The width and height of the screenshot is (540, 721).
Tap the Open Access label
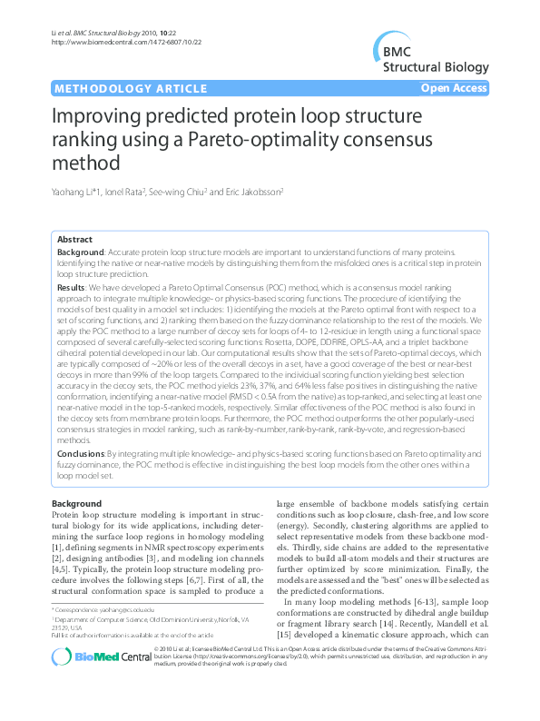point(457,88)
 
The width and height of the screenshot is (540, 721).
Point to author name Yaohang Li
point(76,193)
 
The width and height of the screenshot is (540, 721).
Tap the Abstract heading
point(74,240)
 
